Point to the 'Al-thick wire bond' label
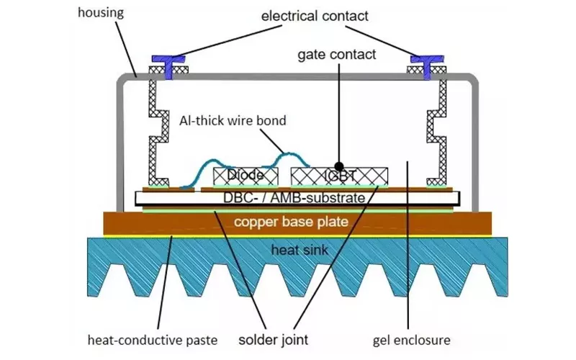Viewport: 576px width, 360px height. click(232, 120)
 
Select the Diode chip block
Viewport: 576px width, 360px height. click(247, 175)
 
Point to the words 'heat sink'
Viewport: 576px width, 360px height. click(300, 250)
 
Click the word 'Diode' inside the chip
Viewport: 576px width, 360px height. click(244, 175)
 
